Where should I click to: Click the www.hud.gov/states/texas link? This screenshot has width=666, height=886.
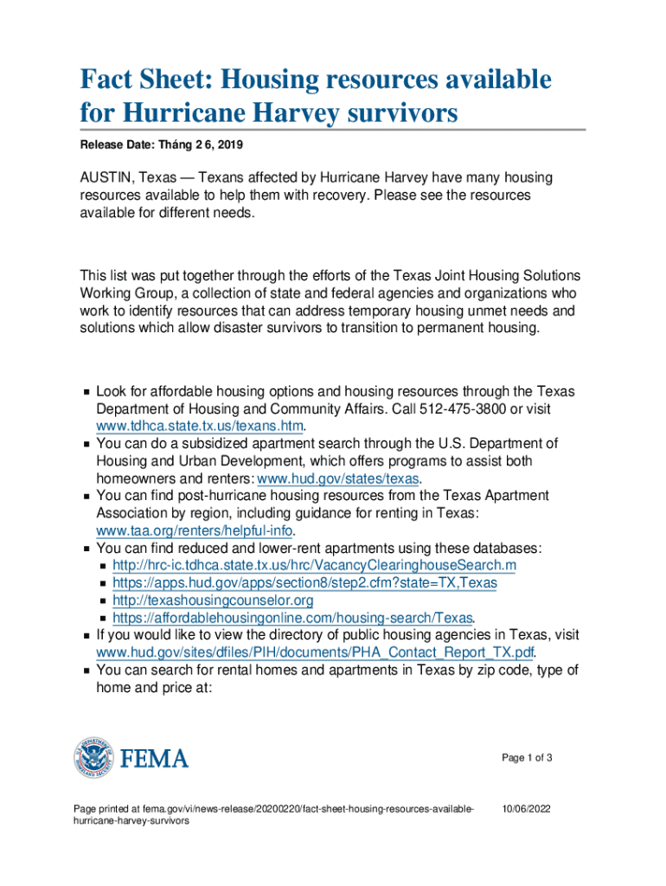(x=338, y=478)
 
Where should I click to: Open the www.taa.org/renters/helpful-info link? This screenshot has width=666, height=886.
(x=195, y=530)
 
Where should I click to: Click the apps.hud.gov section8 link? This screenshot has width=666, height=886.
(x=304, y=582)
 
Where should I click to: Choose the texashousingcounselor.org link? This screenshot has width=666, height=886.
(x=213, y=600)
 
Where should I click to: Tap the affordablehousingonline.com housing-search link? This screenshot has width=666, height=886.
(x=292, y=618)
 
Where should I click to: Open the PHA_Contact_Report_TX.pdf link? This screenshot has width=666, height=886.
(x=314, y=652)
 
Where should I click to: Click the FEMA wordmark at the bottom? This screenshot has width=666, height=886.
(x=153, y=759)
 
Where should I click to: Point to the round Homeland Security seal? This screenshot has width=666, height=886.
(x=93, y=759)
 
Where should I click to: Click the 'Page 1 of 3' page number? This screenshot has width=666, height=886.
(x=527, y=759)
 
